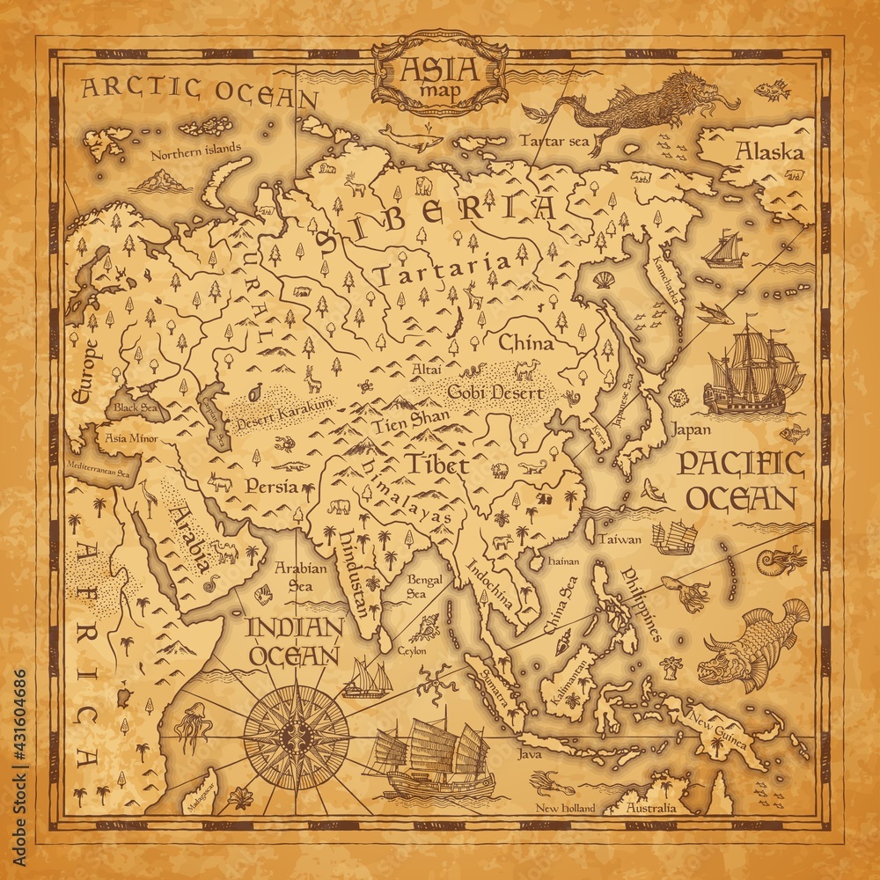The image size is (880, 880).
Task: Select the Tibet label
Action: pos(437,466)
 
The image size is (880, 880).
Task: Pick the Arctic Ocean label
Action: pos(198,90)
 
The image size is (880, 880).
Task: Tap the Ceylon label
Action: pos(411,650)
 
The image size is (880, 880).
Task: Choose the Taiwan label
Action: pos(620,539)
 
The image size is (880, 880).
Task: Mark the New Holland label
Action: pos(566,808)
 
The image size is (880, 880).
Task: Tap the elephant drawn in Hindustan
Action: pos(340,507)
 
